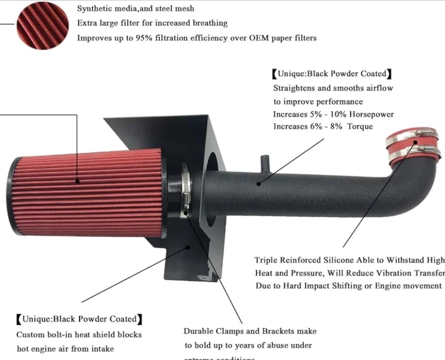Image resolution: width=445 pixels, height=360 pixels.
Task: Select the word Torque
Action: coord(360,126)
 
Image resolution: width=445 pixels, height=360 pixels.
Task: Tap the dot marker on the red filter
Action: coord(77,181)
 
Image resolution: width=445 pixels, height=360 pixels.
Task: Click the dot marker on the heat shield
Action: coord(188,247)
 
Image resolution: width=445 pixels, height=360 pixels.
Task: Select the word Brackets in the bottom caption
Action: coord(284,331)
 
